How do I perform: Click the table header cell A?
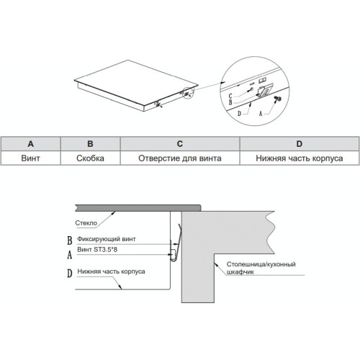click(x=30, y=144)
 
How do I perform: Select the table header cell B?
click(x=90, y=144)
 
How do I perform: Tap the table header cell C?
click(x=180, y=144)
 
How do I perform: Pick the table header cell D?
click(x=300, y=144)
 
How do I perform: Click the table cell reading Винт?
click(x=30, y=158)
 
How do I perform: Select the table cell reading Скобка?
click(x=90, y=158)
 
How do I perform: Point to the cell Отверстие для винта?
click(x=180, y=158)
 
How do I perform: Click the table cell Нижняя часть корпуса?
click(x=300, y=158)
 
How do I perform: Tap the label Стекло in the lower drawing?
click(x=86, y=223)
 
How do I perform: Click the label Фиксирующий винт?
click(x=107, y=239)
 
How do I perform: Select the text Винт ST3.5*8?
click(x=97, y=250)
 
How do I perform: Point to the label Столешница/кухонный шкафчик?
click(x=261, y=268)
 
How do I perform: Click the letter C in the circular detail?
click(x=230, y=96)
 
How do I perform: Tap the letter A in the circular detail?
click(x=261, y=114)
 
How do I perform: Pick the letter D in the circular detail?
click(x=239, y=114)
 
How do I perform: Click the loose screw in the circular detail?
click(x=278, y=99)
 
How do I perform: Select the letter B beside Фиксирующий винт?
click(x=70, y=240)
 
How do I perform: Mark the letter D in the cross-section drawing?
click(x=70, y=274)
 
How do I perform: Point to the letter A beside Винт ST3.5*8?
click(x=70, y=255)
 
